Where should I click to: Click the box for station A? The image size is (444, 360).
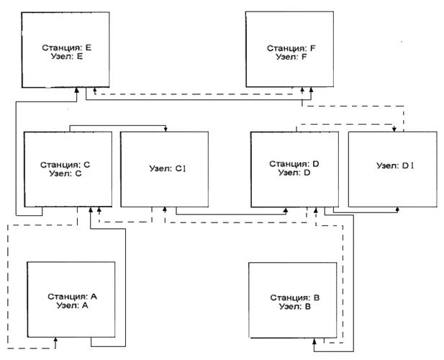tap(70, 317)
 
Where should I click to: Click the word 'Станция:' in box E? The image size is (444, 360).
tap(58, 47)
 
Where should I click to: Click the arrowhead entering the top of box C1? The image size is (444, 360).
tap(167, 130)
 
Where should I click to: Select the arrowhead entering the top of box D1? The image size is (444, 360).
tap(394, 130)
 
